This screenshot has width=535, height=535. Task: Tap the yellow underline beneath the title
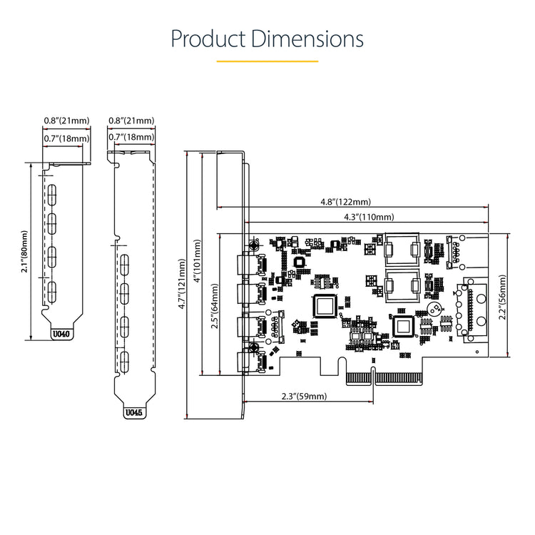pyautogui.click(x=267, y=61)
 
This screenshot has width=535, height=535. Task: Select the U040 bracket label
pyautogui.click(x=63, y=332)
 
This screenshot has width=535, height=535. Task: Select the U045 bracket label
pyautogui.click(x=133, y=412)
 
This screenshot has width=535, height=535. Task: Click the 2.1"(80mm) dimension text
pyautogui.click(x=25, y=251)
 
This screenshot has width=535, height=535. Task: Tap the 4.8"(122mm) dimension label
pyautogui.click(x=346, y=202)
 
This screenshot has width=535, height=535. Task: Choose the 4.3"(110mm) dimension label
pyautogui.click(x=369, y=216)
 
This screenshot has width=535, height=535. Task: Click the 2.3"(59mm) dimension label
pyautogui.click(x=303, y=396)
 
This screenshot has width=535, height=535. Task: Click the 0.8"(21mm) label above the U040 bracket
pyautogui.click(x=66, y=121)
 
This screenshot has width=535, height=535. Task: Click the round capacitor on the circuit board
pyautogui.click(x=432, y=310)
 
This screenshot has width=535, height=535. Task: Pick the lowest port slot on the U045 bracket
pyautogui.click(x=124, y=360)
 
